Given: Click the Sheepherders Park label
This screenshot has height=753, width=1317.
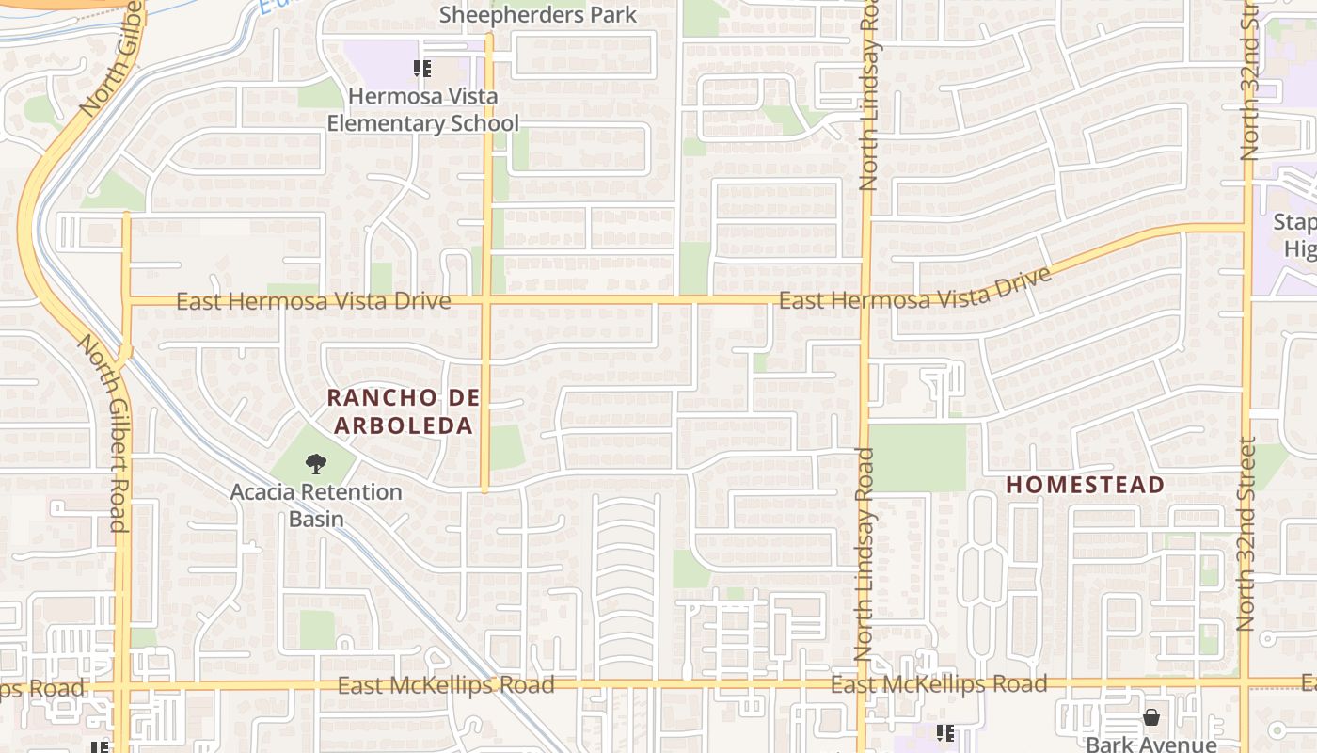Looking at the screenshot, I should point(538,15).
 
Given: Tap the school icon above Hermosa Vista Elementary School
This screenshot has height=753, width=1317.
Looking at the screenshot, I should point(422,68).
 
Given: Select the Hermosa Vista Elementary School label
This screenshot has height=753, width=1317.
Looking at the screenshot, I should point(423,109).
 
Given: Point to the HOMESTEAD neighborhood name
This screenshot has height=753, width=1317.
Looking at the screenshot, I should point(1086,485).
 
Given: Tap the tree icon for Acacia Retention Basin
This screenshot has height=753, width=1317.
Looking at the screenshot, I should point(316,463).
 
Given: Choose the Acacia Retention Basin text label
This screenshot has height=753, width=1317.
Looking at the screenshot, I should point(316,505).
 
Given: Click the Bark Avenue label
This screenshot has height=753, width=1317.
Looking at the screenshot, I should point(1150,744).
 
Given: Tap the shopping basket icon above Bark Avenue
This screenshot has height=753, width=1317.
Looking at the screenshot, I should point(1150,718).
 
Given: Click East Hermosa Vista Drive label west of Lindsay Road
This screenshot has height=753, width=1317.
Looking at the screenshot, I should point(313,301).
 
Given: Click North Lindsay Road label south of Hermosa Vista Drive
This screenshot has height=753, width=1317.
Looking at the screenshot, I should point(865,553).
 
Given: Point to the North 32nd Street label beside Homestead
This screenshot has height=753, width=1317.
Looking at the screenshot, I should point(1246,534).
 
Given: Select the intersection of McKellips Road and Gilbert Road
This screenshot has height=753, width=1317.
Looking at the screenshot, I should point(122,685).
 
